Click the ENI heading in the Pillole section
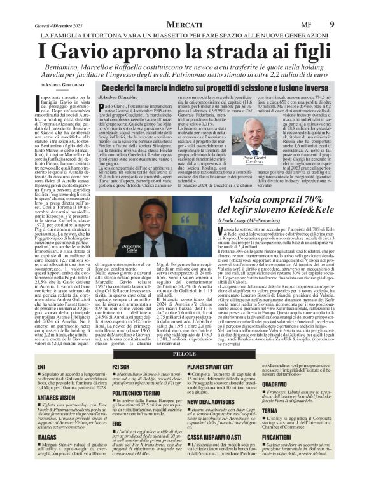pos(42,366)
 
